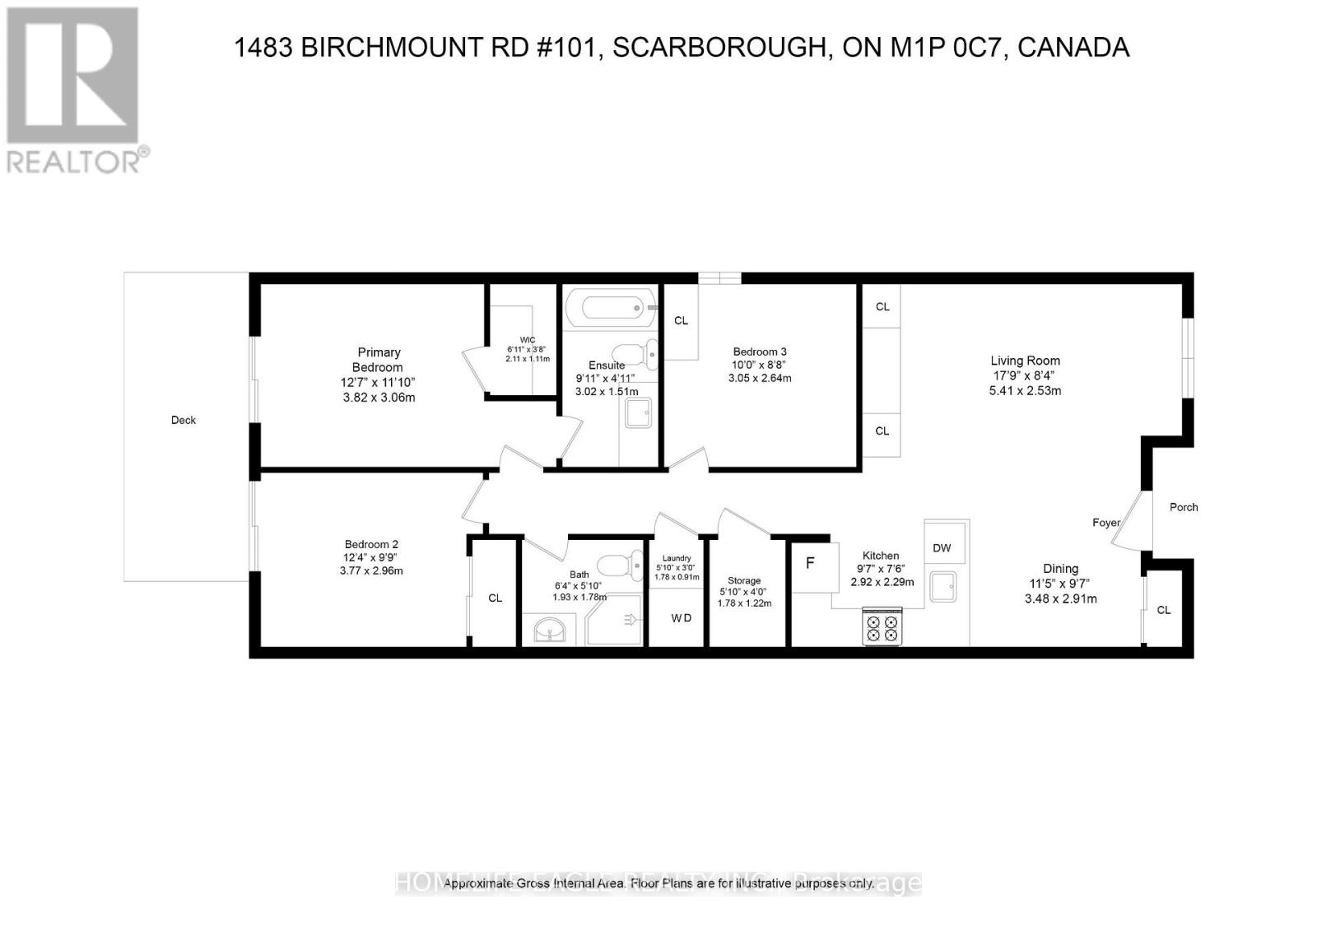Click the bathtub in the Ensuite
[x=612, y=309]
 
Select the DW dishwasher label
[x=942, y=548]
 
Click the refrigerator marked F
[x=811, y=564]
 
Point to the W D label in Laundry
[x=681, y=618]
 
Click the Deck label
[x=184, y=420]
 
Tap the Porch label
[x=1184, y=507]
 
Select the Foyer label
[x=1106, y=523]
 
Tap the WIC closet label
[x=528, y=340]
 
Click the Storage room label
[x=744, y=580]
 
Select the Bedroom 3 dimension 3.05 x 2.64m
[x=759, y=379]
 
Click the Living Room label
[x=1025, y=361]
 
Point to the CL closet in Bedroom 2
[x=495, y=598]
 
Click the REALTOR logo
[x=74, y=91]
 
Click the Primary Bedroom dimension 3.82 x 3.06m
[x=378, y=398]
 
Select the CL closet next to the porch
[x=1163, y=610]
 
